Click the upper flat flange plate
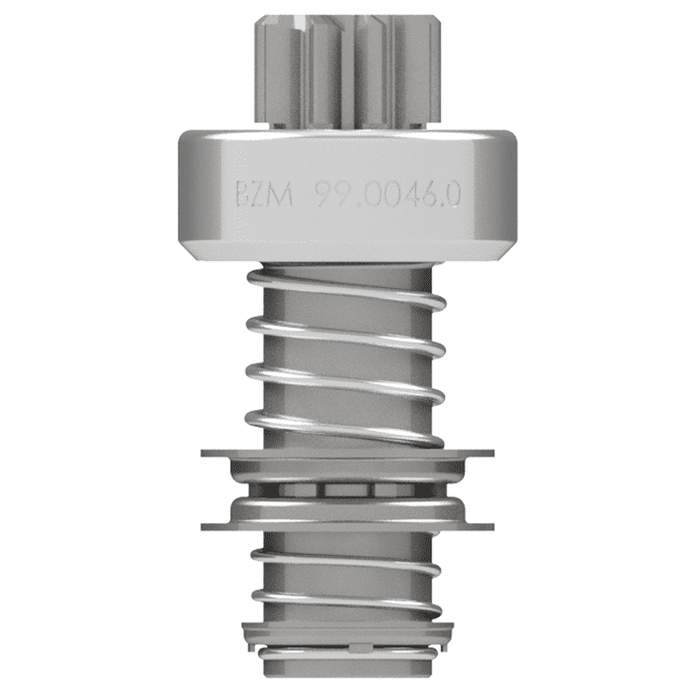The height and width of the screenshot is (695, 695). [x=347, y=454]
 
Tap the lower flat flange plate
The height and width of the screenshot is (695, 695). [x=347, y=523]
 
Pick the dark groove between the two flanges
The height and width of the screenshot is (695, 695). [x=347, y=489]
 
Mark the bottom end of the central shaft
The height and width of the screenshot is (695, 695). [x=347, y=667]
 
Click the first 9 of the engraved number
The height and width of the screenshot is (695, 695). [x=325, y=194]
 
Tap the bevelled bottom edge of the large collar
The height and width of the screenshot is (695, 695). [x=347, y=255]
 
